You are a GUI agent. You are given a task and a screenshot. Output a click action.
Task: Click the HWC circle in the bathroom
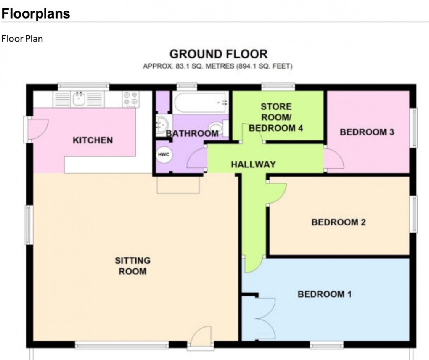pyautogui.click(x=163, y=155)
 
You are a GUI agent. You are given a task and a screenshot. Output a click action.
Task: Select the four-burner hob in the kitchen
pyautogui.click(x=131, y=99)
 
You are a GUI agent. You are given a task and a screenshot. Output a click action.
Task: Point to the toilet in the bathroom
pyautogui.click(x=217, y=127)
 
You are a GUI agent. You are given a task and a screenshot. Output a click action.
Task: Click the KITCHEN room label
pyautogui.click(x=93, y=140)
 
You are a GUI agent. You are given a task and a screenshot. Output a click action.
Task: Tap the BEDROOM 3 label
pyautogui.click(x=367, y=132)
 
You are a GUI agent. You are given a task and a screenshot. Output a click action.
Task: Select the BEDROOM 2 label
pyautogui.click(x=339, y=222)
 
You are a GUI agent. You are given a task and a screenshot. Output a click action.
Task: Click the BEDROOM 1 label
pyautogui.click(x=324, y=294)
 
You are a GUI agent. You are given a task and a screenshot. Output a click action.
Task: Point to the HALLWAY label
pyautogui.click(x=253, y=164)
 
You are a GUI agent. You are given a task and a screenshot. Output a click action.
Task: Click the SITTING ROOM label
pyautogui.click(x=132, y=266)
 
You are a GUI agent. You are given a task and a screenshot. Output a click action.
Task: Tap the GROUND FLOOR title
pyautogui.click(x=218, y=54)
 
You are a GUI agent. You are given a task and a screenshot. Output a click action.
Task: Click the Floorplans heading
pyautogui.click(x=35, y=13)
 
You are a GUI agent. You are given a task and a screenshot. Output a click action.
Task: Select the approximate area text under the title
pyautogui.click(x=218, y=66)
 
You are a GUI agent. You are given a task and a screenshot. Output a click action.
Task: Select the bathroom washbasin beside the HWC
pyautogui.click(x=162, y=125)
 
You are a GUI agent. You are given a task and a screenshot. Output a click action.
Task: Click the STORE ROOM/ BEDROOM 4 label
pyautogui.click(x=275, y=117)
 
